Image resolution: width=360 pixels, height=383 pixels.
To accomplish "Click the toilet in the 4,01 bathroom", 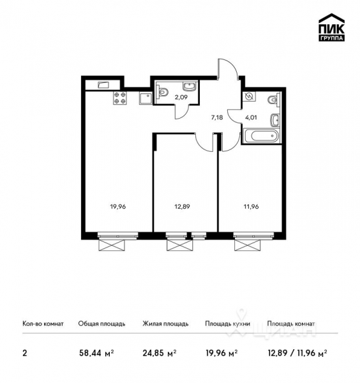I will tap(273, 99).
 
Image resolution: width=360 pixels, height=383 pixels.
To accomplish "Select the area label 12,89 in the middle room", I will tap(183, 206).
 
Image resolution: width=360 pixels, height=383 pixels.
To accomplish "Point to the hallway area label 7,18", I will tap(216, 117).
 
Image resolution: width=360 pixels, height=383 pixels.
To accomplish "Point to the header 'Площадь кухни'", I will tap(227, 324).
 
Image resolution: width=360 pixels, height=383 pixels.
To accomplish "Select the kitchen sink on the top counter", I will tap(103, 85).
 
